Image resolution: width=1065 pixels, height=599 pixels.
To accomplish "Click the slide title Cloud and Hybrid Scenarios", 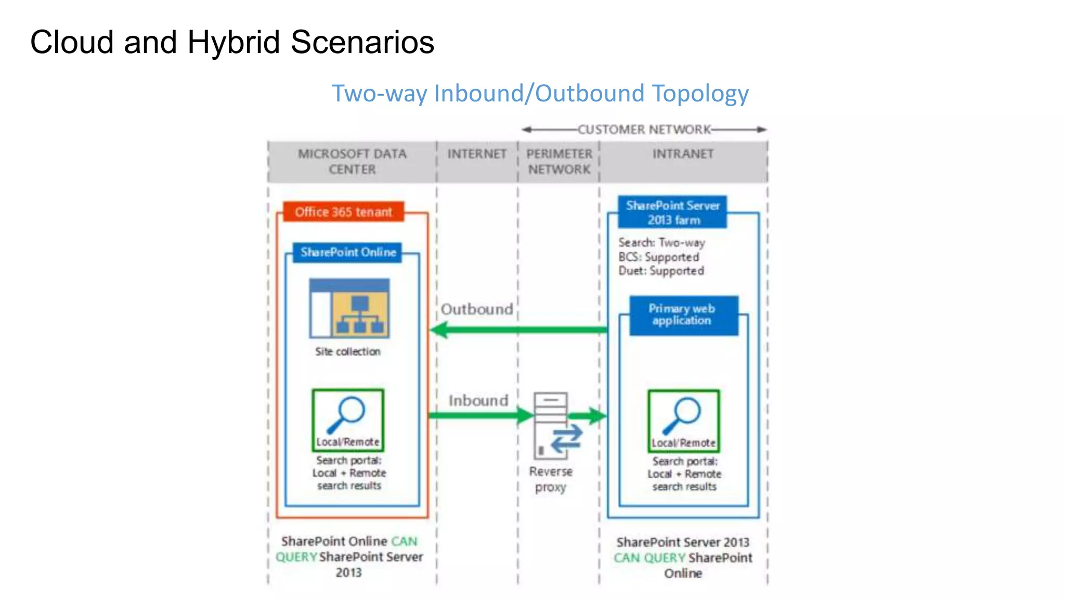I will coord(232,42).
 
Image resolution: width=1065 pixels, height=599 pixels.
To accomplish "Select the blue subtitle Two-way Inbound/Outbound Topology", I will coord(540,94).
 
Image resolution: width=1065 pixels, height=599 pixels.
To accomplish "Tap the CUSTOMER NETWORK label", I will coord(644,129).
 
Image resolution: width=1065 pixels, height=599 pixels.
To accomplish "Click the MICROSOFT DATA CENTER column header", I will coord(352,162).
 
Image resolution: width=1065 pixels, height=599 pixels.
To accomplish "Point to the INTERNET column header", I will coord(477,154).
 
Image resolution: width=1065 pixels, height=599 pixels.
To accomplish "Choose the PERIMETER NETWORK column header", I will coord(559,162).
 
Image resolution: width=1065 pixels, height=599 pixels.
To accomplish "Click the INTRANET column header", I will coord(683,154).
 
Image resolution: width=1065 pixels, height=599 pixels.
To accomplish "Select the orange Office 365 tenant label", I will coord(343,212).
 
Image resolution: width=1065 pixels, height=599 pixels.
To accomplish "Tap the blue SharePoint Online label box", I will coord(347,253).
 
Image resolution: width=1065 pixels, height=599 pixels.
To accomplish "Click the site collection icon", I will coord(349,308).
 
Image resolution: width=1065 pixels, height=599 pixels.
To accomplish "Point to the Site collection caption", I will coord(347,352).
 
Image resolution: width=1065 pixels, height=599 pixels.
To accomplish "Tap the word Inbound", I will coord(478,401).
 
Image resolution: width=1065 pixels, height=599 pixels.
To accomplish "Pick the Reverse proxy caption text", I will coord(551,479).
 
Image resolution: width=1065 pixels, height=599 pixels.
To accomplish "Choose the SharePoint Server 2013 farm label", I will coord(672,213).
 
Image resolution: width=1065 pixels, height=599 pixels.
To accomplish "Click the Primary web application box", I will coord(683,315).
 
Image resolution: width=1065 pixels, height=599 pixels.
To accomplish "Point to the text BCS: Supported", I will coord(658,257).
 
